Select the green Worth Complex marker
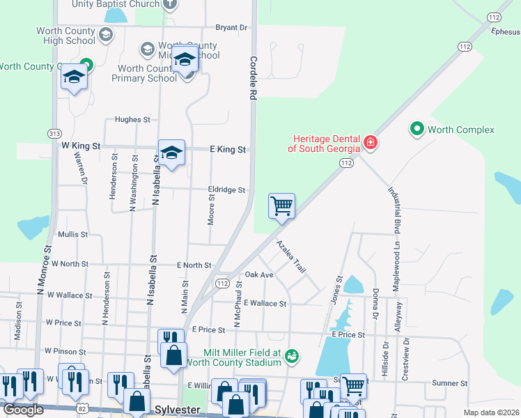coord(417,129)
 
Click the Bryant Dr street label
coord(231,28)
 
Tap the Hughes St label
coord(132,120)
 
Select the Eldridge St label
coord(226,189)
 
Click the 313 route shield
coord(54,133)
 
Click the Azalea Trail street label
coord(291,257)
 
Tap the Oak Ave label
coord(259,275)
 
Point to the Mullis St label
coord(73,235)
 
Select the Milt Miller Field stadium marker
coord(293,357)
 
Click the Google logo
coord(24,410)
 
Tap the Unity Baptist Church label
coord(116,4)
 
